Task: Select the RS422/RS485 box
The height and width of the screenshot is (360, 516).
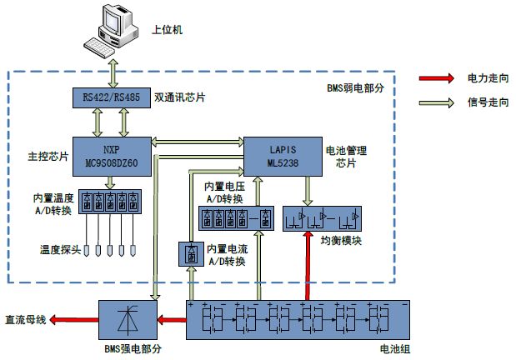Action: tap(112, 97)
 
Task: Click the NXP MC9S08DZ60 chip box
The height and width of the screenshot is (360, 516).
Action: tap(111, 155)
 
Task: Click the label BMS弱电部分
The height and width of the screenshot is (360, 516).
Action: tap(354, 88)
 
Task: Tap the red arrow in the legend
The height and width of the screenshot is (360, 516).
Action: tap(438, 78)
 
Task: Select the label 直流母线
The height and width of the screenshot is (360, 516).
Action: tap(26, 319)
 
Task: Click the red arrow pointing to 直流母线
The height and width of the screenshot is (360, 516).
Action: tap(76, 319)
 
